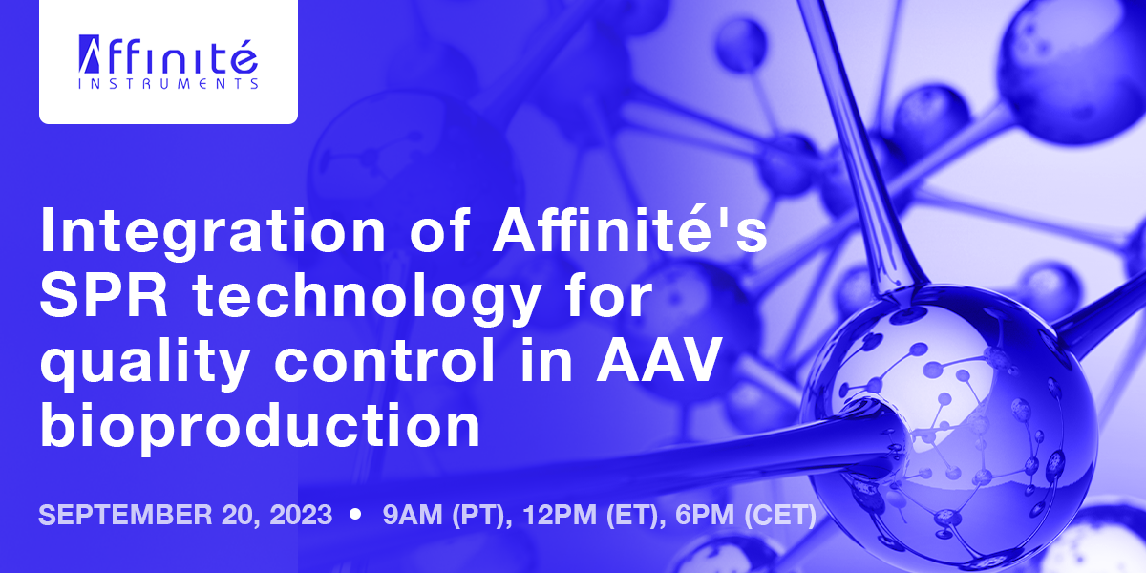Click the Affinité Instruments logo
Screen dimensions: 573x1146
point(168,63)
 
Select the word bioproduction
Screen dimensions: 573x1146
point(259,428)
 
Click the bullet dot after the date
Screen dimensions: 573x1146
point(356,515)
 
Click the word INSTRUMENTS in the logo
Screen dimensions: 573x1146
point(168,84)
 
